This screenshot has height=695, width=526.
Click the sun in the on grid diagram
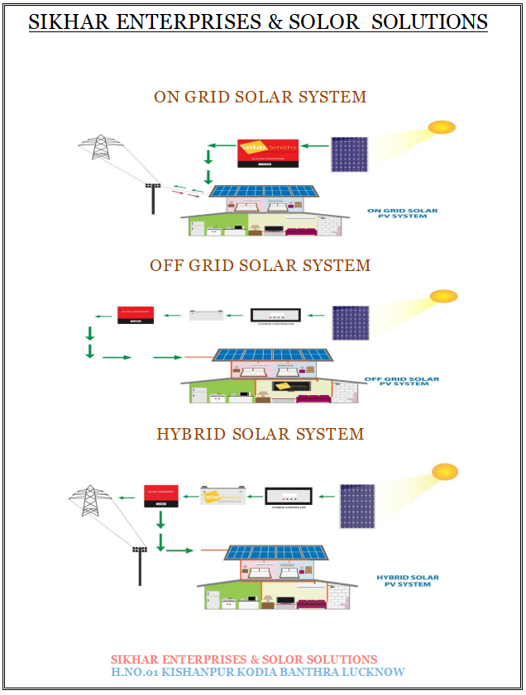tap(442, 127)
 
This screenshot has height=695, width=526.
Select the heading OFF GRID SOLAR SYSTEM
tap(260, 265)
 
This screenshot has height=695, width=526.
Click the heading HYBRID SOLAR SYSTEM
tap(260, 434)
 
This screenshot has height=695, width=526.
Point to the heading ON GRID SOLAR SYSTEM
tap(260, 97)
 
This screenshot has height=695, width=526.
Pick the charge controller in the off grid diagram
tap(276, 316)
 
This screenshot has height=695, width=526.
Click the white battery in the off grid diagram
tap(204, 315)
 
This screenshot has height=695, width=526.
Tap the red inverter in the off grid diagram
tap(136, 314)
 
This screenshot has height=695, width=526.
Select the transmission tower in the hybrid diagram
tap(90, 503)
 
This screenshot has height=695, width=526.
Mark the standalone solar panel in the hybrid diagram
tap(357, 505)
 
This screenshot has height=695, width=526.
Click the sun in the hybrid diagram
tap(445, 471)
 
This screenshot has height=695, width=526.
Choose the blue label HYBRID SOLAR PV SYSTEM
tap(408, 581)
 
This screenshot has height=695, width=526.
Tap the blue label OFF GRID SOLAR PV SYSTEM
tap(402, 382)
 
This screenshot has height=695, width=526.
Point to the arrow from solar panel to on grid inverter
tap(315, 145)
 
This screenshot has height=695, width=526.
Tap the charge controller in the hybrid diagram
tap(288, 497)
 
